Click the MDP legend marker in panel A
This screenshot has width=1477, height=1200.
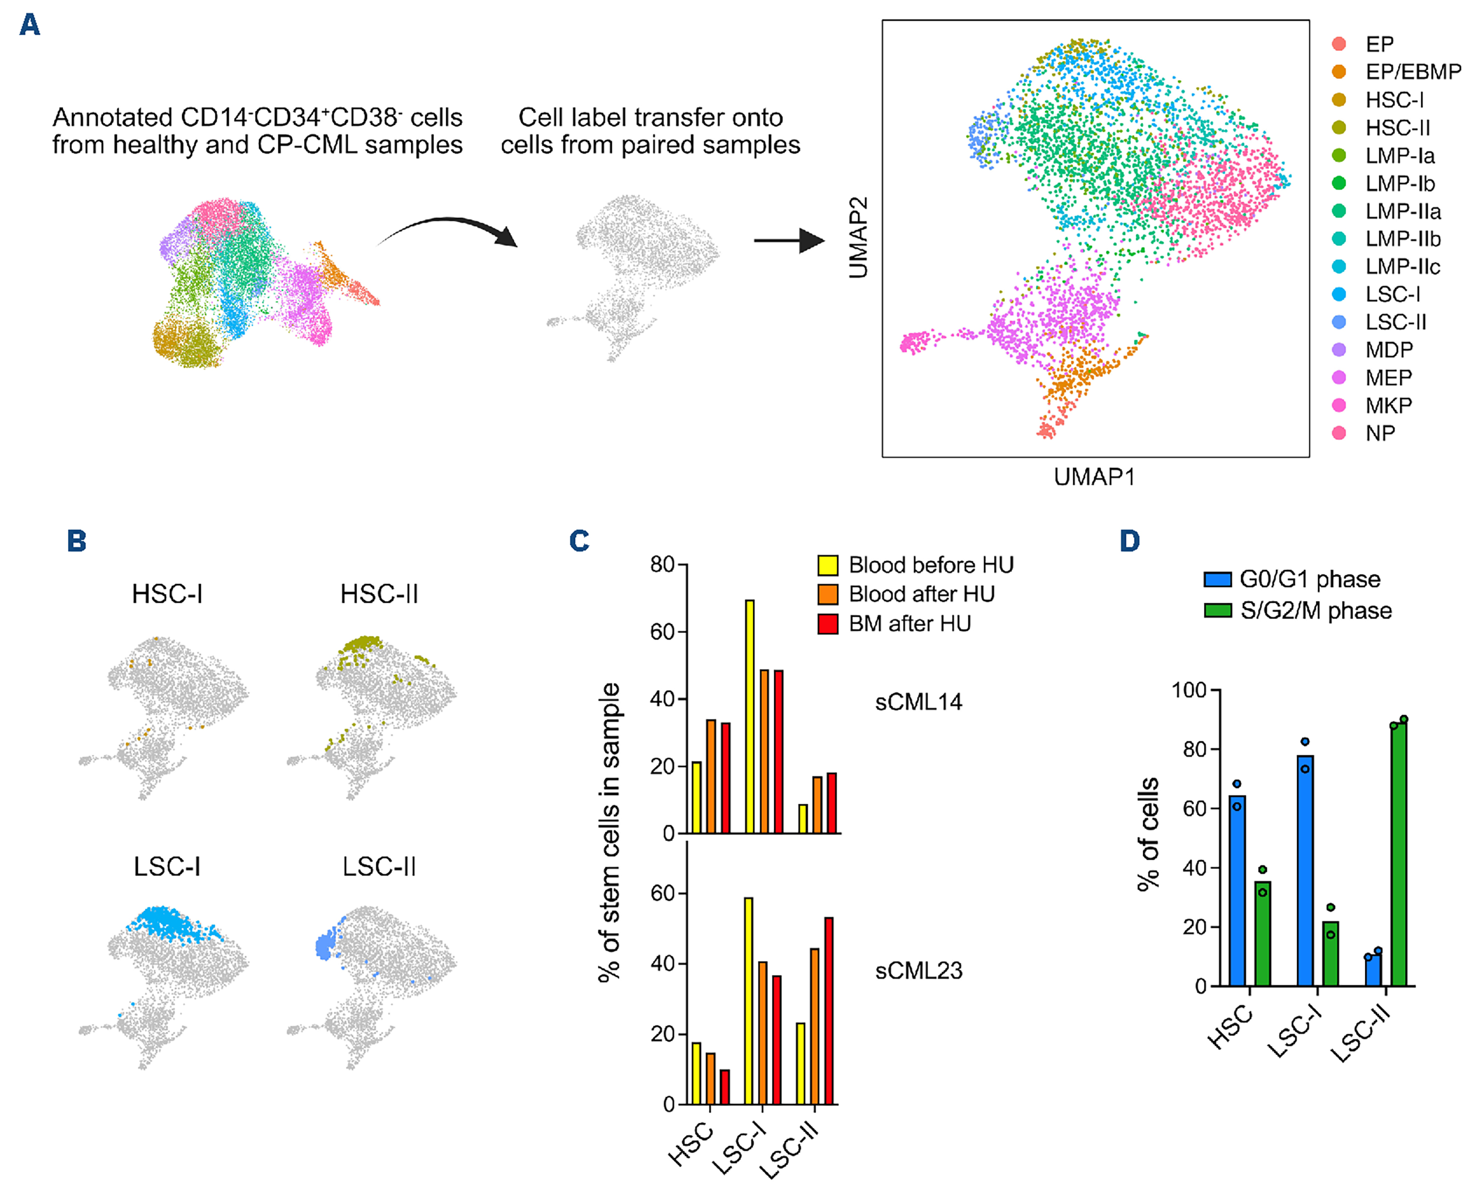pos(1339,350)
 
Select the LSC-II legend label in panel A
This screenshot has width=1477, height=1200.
pos(1396,322)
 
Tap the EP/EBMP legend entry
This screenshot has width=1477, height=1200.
pos(1413,72)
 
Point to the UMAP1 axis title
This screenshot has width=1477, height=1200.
pos(1094,477)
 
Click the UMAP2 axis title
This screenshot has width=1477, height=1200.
pos(858,238)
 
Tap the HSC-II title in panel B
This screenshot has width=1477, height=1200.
pos(379,594)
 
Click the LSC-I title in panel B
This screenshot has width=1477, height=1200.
pos(167,866)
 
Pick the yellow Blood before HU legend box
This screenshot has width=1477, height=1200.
pos(828,565)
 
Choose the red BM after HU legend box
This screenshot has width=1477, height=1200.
pos(828,624)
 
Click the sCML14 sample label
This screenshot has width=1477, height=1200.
pos(918,703)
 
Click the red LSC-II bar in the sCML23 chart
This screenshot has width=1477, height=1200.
pos(829,1010)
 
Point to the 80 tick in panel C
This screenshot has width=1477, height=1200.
pos(662,565)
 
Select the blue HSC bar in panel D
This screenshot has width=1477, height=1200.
pos(1237,890)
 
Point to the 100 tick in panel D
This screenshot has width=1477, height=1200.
pos(1188,690)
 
